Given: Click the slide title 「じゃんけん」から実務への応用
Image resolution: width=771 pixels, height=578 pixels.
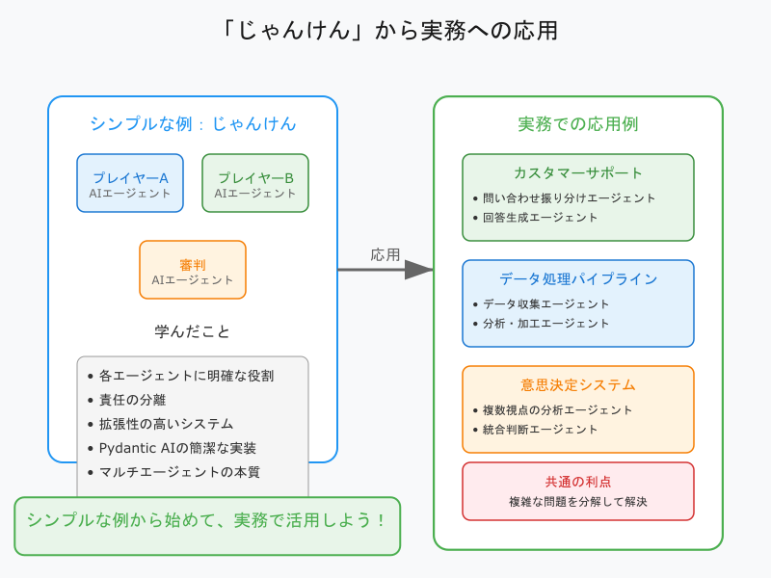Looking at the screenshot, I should pyautogui.click(x=385, y=30).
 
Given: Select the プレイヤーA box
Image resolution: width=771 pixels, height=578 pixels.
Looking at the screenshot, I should pyautogui.click(x=130, y=183).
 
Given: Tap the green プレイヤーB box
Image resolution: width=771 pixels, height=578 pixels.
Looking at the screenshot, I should pyautogui.click(x=255, y=183).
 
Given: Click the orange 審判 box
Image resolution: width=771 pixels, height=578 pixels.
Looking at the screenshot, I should pyautogui.click(x=193, y=270).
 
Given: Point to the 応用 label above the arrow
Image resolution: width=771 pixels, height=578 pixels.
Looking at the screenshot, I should pyautogui.click(x=385, y=255).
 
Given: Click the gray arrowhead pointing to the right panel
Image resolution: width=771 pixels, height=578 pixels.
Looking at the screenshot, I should pyautogui.click(x=419, y=270).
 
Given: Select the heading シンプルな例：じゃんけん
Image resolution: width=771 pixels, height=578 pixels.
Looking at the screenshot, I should pyautogui.click(x=193, y=123).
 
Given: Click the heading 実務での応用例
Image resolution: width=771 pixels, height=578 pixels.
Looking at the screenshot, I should pyautogui.click(x=578, y=123).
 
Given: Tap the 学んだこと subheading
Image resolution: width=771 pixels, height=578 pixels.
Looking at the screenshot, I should pyautogui.click(x=193, y=331).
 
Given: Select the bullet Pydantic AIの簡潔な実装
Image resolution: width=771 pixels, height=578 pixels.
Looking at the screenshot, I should pyautogui.click(x=177, y=448).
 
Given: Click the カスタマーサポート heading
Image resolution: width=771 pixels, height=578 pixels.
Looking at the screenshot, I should pyautogui.click(x=578, y=173).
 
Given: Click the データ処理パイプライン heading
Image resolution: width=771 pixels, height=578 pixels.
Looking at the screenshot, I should pyautogui.click(x=578, y=279).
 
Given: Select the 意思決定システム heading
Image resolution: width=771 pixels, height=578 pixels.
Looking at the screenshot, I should pyautogui.click(x=578, y=385).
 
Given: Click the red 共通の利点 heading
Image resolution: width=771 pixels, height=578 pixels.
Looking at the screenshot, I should pyautogui.click(x=578, y=482).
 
